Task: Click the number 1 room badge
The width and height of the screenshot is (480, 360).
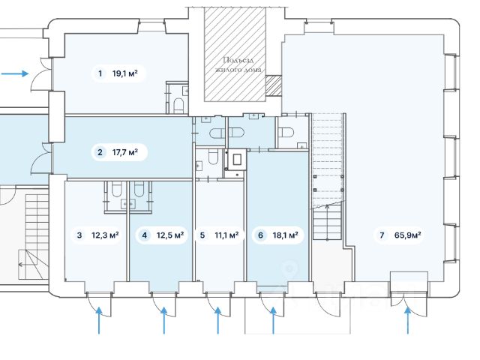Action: [100, 73]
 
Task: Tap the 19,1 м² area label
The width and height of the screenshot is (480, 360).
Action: [125, 73]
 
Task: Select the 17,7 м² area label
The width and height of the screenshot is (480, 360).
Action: [125, 152]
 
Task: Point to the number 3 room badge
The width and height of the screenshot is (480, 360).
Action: [79, 235]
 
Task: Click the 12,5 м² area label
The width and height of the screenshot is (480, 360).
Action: [170, 235]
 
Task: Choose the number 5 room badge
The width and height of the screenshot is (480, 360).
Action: [202, 235]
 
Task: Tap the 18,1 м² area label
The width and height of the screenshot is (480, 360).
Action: [286, 235]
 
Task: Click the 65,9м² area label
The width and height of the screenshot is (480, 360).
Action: [408, 235]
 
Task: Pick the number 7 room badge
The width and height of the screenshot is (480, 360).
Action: [382, 235]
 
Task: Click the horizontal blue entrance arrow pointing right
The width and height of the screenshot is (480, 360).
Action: [15, 73]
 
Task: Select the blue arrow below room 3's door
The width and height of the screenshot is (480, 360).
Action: [99, 320]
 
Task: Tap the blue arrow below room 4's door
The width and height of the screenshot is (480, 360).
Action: [164, 320]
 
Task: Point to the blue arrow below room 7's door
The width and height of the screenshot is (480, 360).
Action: [408, 320]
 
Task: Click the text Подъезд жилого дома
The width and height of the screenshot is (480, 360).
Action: [238, 65]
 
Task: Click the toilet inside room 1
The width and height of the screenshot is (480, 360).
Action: [178, 105]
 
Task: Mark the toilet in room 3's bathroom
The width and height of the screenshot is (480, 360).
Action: [116, 189]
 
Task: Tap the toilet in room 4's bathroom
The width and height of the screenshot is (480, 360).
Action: [139, 189]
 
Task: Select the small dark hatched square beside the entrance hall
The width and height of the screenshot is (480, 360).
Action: [273, 85]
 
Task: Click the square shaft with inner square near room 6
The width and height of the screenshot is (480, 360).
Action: [237, 160]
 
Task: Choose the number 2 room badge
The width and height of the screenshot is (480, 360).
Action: [100, 152]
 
